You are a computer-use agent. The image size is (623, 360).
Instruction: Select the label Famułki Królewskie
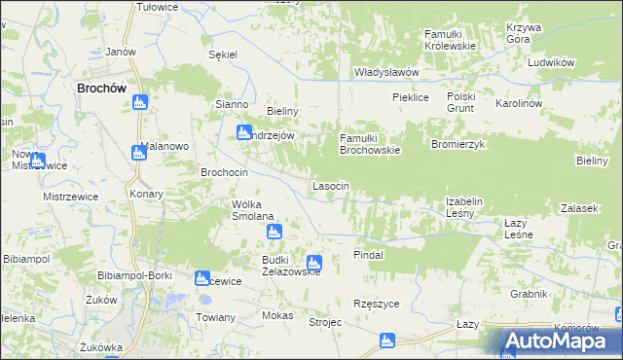point(449,40)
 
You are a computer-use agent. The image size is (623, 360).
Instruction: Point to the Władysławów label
point(385,72)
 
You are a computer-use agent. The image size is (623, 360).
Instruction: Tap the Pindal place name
point(369,254)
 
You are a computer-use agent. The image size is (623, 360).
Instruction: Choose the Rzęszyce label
point(377,304)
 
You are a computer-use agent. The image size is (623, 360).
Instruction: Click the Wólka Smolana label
point(252,210)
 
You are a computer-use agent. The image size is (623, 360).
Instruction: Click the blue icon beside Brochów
point(139,102)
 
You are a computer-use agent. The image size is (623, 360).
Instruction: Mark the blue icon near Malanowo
point(137,152)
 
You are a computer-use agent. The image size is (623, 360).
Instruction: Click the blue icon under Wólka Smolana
point(275,232)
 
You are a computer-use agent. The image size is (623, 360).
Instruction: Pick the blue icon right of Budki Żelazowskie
point(313,262)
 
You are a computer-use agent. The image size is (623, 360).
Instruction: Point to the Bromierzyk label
point(458,143)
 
